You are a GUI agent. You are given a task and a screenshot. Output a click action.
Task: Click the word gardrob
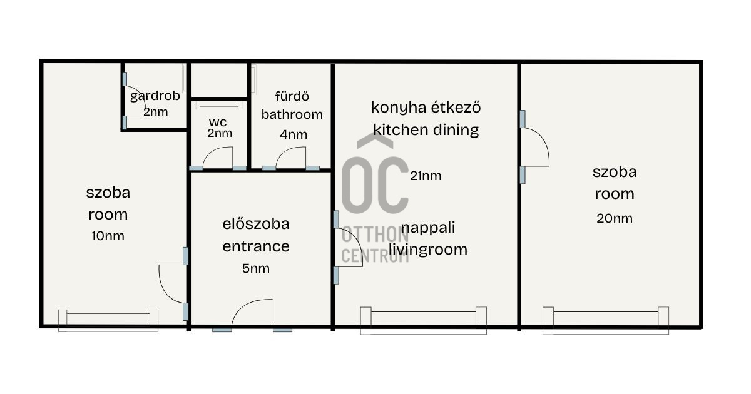tap(155, 96)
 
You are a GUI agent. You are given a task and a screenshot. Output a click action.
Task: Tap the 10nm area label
tap(108, 236)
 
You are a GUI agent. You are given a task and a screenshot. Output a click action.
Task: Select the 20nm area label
tap(615, 218)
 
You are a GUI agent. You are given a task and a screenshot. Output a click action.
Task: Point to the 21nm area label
tap(426, 176)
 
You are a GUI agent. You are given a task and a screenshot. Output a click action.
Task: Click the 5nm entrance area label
tap(256, 268)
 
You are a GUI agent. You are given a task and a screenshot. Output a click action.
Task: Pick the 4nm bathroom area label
tap(294, 134)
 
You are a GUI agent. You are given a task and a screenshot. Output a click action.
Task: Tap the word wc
tap(218, 122)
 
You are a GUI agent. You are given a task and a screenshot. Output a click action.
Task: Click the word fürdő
tap(292, 96)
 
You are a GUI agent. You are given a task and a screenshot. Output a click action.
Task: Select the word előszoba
tap(256, 224)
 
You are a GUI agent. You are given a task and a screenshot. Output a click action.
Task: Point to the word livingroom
tap(428, 250)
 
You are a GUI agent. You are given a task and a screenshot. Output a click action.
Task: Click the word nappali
tap(428, 228)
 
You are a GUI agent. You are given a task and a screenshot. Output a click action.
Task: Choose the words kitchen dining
tap(426, 129)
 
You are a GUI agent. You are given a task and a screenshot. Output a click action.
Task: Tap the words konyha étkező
tap(426, 107)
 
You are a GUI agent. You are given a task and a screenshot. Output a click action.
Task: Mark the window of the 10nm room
tap(108, 321)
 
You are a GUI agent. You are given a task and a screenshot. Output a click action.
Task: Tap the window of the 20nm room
tap(606, 321)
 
